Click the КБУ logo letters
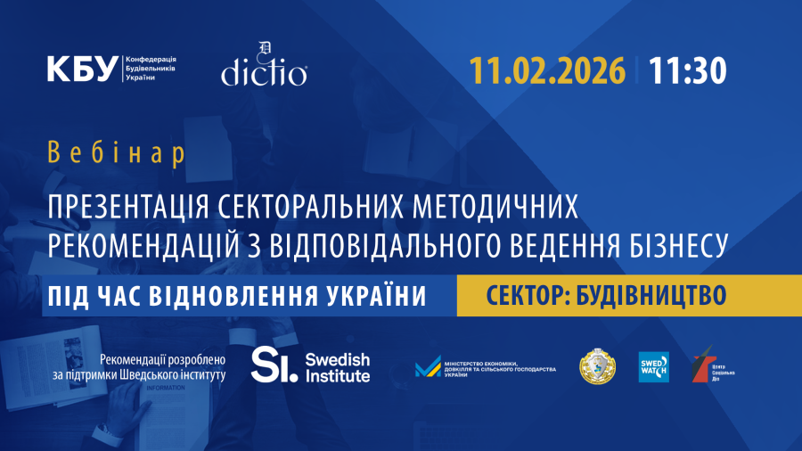click(x=84, y=68)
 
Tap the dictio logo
click(x=264, y=69)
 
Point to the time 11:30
click(x=688, y=70)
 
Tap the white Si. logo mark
click(x=274, y=365)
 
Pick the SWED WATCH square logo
click(x=653, y=366)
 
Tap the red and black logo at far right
click(x=702, y=366)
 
